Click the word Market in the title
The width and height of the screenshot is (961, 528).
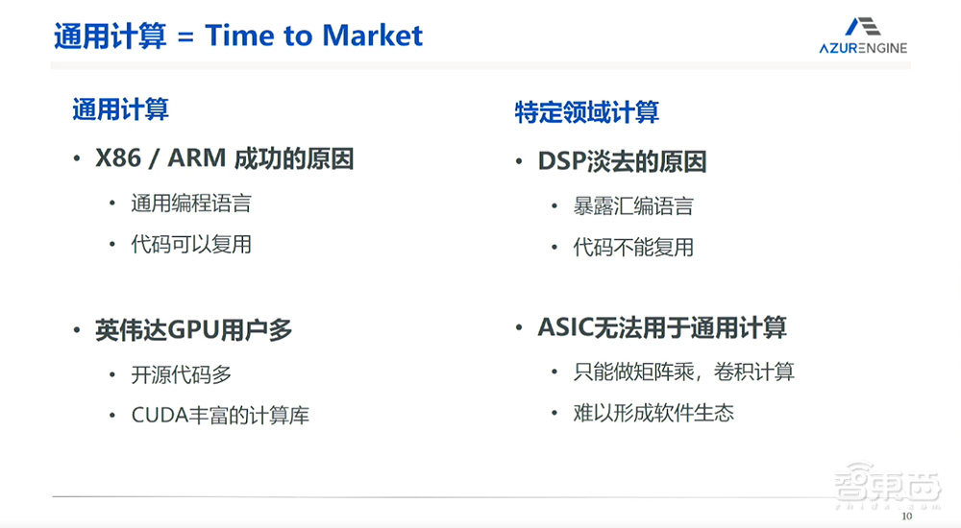pyautogui.click(x=372, y=36)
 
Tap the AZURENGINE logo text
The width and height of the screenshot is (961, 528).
pyautogui.click(x=863, y=48)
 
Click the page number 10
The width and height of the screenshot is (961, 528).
pyautogui.click(x=906, y=516)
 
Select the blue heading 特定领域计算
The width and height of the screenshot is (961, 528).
pyautogui.click(x=586, y=112)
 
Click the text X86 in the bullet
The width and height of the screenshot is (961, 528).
pyautogui.click(x=118, y=158)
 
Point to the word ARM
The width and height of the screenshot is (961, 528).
pyautogui.click(x=197, y=158)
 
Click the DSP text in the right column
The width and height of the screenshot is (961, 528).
pyautogui.click(x=561, y=161)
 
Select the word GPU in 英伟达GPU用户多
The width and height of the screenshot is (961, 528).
pyautogui.click(x=192, y=330)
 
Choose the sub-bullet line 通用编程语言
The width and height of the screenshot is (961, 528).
pyautogui.click(x=191, y=204)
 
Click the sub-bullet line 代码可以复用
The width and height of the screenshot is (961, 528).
pyautogui.click(x=191, y=245)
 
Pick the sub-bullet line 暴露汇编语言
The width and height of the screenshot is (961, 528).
pyautogui.click(x=633, y=205)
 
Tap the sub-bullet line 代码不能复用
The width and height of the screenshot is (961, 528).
pyautogui.click(x=633, y=248)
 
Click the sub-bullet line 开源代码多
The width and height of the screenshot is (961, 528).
pyautogui.click(x=182, y=374)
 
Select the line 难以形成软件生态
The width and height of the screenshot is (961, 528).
pyautogui.click(x=653, y=413)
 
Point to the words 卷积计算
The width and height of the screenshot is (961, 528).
pyautogui.click(x=753, y=372)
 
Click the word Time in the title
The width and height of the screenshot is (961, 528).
pyautogui.click(x=239, y=36)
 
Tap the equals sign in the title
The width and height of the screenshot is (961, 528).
pyautogui.click(x=185, y=36)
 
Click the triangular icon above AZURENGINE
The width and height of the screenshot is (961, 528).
pyautogui.click(x=863, y=26)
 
